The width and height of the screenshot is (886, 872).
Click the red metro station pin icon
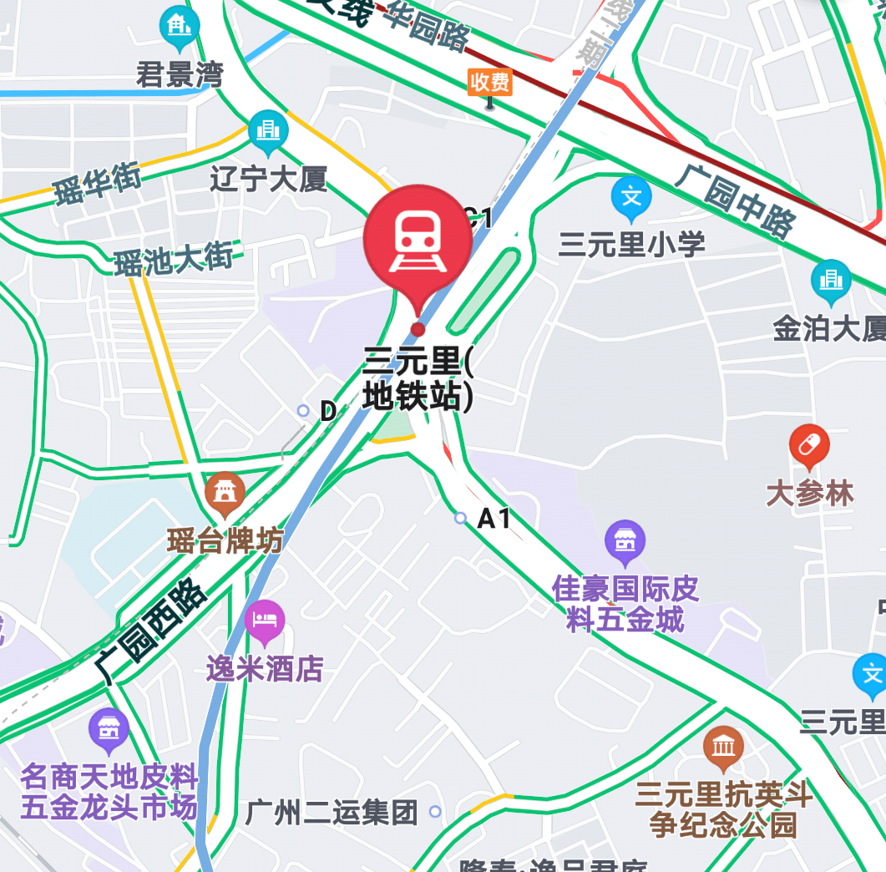(418, 238)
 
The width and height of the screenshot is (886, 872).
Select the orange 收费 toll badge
(489, 82)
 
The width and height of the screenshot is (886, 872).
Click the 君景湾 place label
(180, 75)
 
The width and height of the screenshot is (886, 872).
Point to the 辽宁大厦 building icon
(268, 130)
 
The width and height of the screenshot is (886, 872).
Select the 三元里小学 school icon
(631, 197)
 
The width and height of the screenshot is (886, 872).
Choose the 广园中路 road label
(735, 200)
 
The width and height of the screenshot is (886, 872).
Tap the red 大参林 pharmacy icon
(808, 445)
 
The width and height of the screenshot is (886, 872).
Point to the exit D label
(328, 411)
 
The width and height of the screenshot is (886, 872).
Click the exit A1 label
(494, 519)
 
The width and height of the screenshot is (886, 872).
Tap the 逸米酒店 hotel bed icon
(265, 621)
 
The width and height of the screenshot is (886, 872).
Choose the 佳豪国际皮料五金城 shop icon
(625, 540)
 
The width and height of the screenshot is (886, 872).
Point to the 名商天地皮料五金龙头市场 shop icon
(109, 728)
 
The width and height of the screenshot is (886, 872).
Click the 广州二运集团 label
(332, 812)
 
